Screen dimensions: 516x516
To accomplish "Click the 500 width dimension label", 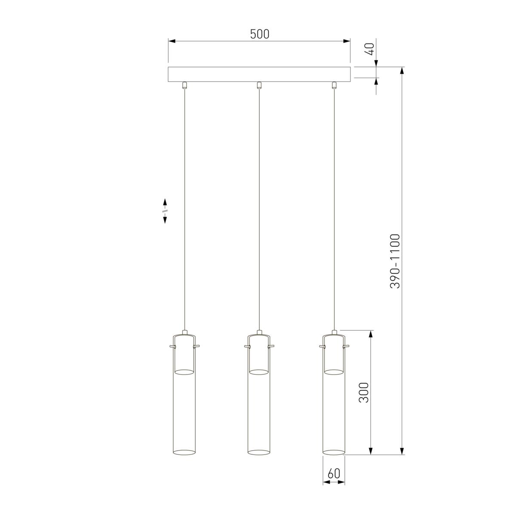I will click(260, 34).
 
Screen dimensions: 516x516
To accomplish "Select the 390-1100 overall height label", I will click(395, 261).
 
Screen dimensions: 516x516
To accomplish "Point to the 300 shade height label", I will click(364, 392).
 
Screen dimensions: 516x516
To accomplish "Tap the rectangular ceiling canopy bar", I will click(259, 74).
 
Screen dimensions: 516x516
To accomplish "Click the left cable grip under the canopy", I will click(184, 85).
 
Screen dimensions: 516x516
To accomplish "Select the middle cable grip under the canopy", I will click(259, 85).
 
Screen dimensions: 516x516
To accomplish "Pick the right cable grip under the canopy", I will click(334, 85).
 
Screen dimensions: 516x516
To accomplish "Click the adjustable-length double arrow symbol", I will click(165, 211).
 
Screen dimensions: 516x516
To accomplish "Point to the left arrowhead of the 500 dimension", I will click(172, 41).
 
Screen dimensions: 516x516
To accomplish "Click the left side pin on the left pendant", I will click(172, 346).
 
